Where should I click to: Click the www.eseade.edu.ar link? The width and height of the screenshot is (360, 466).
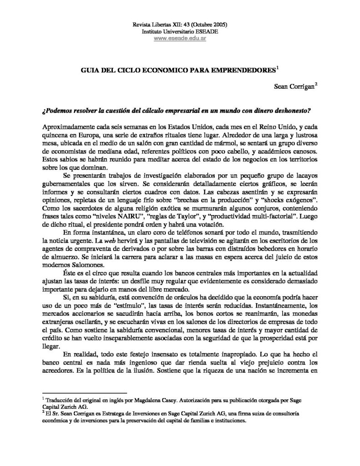click(x=180, y=39)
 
